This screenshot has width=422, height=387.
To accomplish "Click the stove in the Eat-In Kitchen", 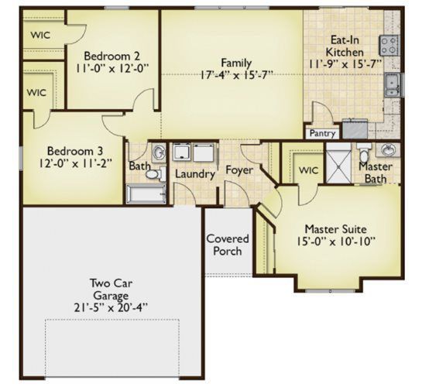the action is click(x=389, y=46).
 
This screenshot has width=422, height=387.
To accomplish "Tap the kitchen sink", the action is click(x=393, y=85).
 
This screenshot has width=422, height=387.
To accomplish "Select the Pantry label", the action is click(x=322, y=133).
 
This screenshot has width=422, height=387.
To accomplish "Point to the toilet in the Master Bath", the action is click(x=364, y=152).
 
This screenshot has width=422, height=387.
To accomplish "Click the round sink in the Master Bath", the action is click(x=388, y=149).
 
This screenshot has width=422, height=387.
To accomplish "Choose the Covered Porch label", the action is click(x=228, y=245).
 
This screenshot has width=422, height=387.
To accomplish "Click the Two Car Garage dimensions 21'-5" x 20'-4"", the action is click(x=111, y=307).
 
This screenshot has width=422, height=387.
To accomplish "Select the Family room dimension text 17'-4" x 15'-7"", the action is click(x=236, y=75).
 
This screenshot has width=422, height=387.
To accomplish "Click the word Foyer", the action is click(x=239, y=170).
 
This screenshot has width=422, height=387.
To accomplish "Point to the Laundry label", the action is click(x=195, y=174).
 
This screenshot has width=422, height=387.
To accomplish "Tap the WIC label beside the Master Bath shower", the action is click(x=308, y=170).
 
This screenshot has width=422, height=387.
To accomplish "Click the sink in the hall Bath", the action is click(x=159, y=152).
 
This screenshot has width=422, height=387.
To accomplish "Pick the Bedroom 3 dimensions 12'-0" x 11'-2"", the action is click(x=75, y=163).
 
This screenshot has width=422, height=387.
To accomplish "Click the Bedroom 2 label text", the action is click(x=112, y=57).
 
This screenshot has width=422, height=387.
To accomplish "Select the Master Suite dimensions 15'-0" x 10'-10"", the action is click(x=336, y=241).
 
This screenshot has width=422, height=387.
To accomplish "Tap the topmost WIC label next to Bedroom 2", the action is click(x=40, y=36).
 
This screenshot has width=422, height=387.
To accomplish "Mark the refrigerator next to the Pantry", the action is click(x=355, y=128).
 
